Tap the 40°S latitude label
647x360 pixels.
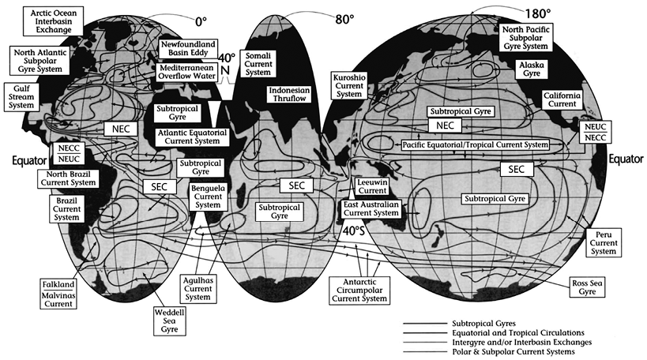(x=354, y=234)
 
